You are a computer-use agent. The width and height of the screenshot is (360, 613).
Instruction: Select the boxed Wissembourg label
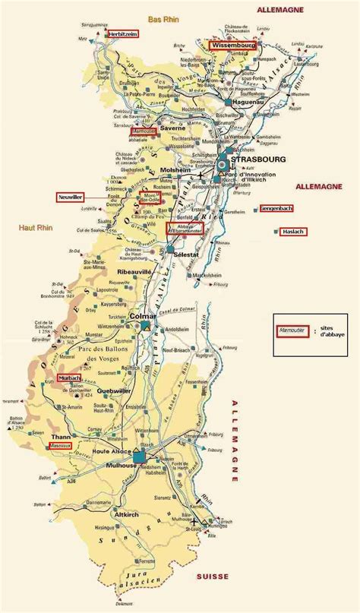[x=233, y=46]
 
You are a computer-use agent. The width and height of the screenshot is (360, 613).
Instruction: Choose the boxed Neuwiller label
[x=71, y=197]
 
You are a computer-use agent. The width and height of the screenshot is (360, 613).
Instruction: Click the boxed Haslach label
[x=292, y=232]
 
